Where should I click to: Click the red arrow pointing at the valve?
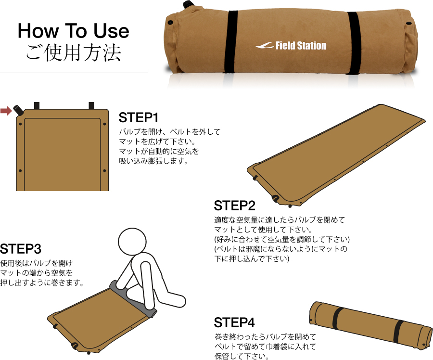(x=6, y=111)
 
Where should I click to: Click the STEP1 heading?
(x=139, y=117)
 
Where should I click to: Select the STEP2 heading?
(x=234, y=206)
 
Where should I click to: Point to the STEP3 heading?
(x=21, y=249)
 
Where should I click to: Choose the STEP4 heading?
(x=234, y=322)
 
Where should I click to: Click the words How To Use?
(x=74, y=31)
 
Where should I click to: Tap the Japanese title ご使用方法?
(x=74, y=52)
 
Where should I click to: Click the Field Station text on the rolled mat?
(x=301, y=46)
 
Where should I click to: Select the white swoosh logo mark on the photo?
(x=265, y=46)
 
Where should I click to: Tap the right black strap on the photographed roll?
(x=354, y=43)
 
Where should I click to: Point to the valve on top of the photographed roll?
(x=188, y=5)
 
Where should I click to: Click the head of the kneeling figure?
(x=132, y=242)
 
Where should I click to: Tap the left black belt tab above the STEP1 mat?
(x=37, y=106)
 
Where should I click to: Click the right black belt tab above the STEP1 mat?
(x=91, y=106)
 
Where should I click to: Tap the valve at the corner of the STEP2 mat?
(x=275, y=198)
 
